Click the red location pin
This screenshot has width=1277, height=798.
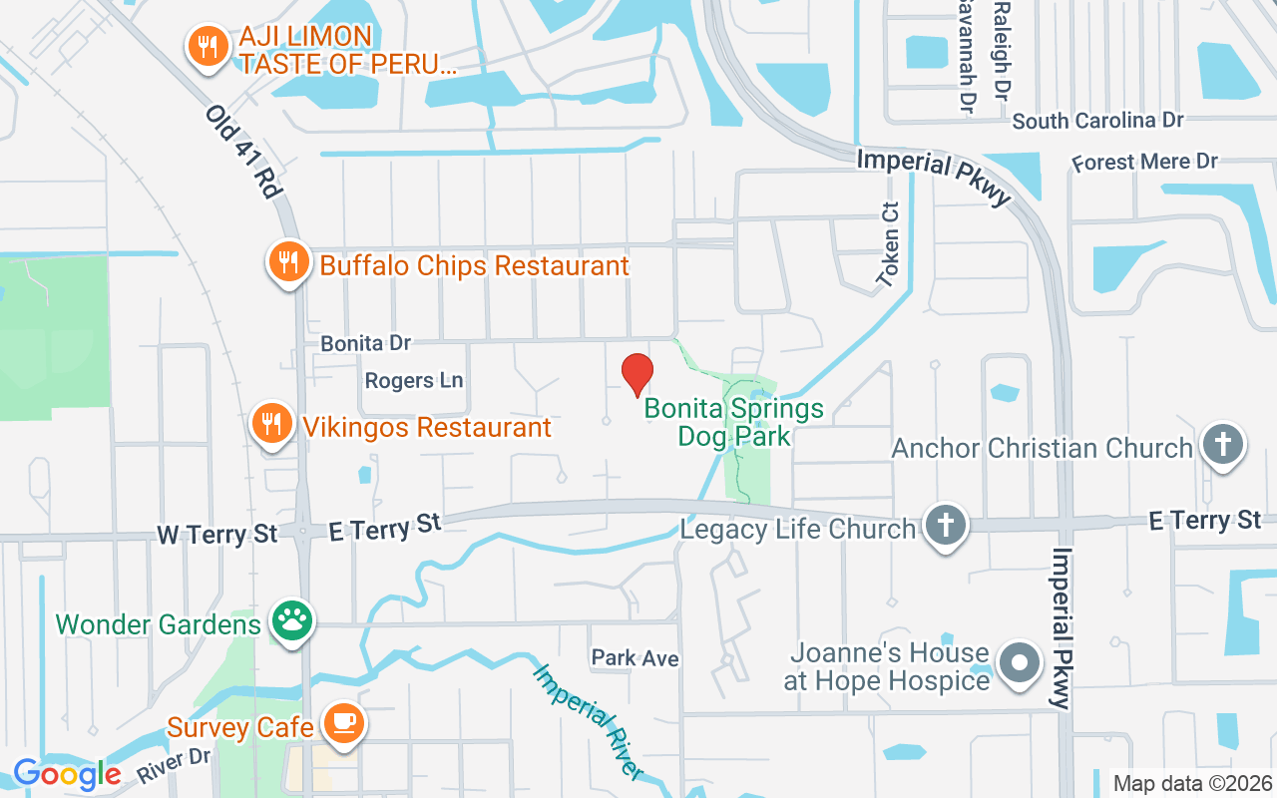[x=638, y=374]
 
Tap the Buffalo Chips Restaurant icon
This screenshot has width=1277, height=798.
[x=289, y=263]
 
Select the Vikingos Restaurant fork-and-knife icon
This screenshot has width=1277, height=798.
[x=270, y=425]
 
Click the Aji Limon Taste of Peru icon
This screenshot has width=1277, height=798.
[x=208, y=47]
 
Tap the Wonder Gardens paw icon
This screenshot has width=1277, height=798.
[x=291, y=623]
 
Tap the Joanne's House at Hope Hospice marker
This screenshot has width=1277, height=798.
[x=1020, y=663]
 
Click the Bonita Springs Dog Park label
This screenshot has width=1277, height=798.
[x=734, y=422]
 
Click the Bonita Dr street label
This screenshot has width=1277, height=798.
[x=365, y=343]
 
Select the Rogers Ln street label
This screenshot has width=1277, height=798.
[x=414, y=381]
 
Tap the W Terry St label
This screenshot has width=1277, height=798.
[x=217, y=535]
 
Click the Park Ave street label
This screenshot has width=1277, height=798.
[x=635, y=658]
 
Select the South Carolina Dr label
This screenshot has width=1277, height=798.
[x=1097, y=121]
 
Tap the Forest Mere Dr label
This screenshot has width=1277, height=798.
[x=1144, y=162]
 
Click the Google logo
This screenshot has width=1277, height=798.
[x=67, y=774]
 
